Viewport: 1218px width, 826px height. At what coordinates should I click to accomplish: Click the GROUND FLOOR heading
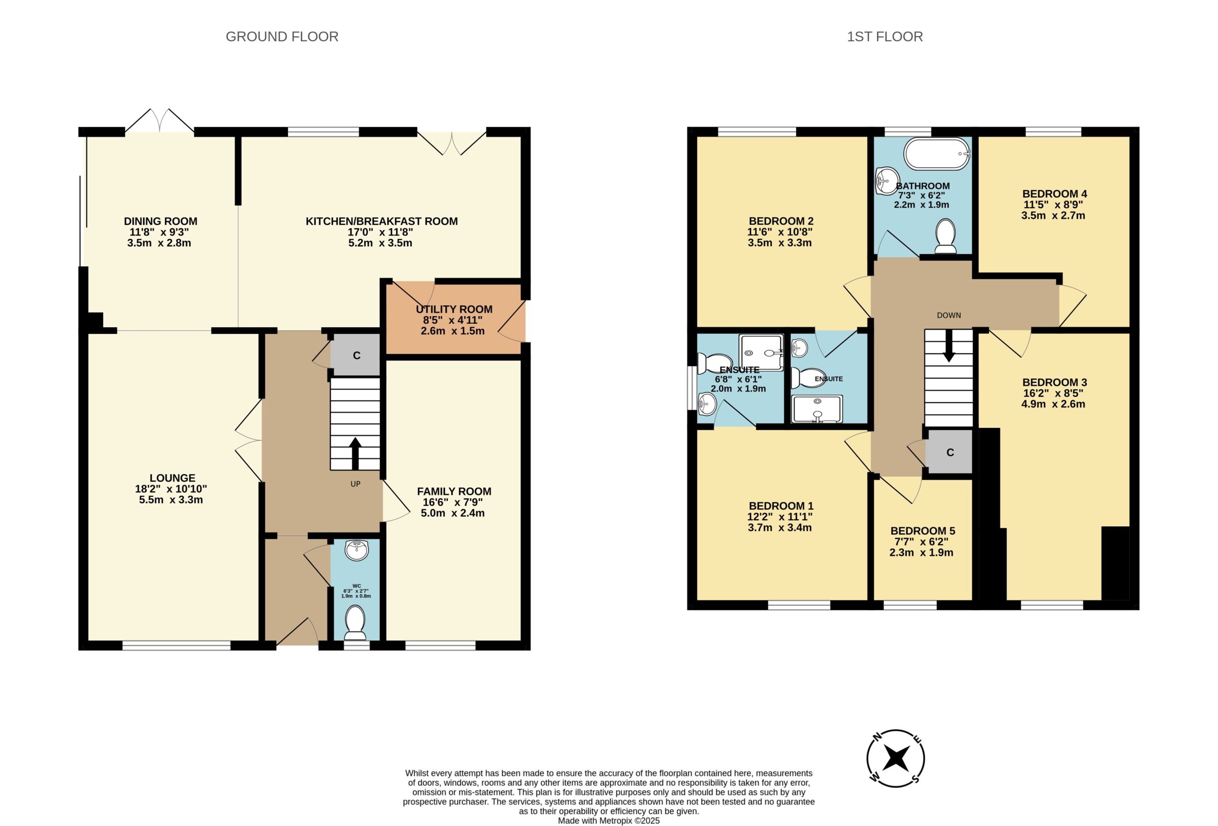(x=282, y=37)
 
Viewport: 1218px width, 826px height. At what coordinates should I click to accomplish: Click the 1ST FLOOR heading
(x=884, y=37)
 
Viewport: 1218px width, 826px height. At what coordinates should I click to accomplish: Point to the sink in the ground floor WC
(x=357, y=550)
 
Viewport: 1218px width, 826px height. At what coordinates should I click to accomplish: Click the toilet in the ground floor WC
(x=356, y=622)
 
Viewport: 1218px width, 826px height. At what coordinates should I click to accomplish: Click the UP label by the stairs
(x=355, y=484)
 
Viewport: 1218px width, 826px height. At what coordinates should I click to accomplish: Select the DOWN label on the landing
(x=949, y=315)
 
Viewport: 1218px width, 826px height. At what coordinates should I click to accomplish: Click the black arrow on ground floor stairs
(x=355, y=454)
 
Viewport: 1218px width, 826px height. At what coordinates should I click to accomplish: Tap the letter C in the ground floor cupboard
(x=356, y=356)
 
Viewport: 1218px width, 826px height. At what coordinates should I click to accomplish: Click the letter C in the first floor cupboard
(x=950, y=453)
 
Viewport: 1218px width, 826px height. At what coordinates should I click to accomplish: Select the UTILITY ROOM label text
(x=454, y=309)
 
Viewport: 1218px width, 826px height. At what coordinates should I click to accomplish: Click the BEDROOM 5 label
(x=923, y=531)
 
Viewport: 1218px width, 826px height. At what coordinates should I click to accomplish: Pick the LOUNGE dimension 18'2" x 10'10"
(x=171, y=489)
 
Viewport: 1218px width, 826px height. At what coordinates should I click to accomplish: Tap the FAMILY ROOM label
(x=454, y=491)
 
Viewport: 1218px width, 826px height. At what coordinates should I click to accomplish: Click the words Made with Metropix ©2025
(x=609, y=820)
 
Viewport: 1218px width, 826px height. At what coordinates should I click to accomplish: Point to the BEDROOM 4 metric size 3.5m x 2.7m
(x=1053, y=215)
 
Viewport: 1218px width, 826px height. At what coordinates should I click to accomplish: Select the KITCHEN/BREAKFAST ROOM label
(x=382, y=221)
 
